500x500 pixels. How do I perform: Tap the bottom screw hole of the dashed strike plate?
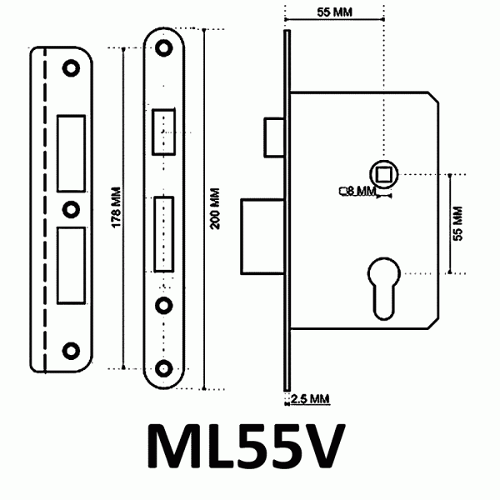pyautogui.click(x=72, y=348)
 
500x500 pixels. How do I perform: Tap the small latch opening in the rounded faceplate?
pyautogui.click(x=163, y=132)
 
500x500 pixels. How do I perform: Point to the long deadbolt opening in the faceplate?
pyautogui.click(x=163, y=232)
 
